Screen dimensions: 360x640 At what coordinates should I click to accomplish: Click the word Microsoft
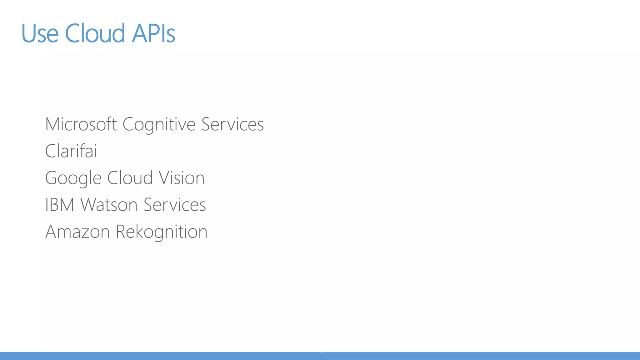pyautogui.click(x=81, y=124)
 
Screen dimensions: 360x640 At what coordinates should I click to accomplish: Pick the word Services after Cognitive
pyautogui.click(x=232, y=124)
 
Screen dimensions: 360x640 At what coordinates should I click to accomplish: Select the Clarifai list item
pyautogui.click(x=71, y=151)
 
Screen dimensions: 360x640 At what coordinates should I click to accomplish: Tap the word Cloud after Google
pyautogui.click(x=130, y=178)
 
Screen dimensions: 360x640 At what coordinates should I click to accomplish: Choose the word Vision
pyautogui.click(x=182, y=178)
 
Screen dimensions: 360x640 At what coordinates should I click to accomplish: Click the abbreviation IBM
pyautogui.click(x=60, y=205)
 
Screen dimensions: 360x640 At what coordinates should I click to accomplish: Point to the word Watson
pyautogui.click(x=109, y=205)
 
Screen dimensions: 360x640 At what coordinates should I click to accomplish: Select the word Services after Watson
pyautogui.click(x=175, y=205)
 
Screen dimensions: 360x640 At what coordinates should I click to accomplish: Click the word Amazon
pyautogui.click(x=77, y=232)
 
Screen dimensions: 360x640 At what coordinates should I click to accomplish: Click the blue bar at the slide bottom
pyautogui.click(x=320, y=356)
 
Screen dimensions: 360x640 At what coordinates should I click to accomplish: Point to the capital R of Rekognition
pyautogui.click(x=121, y=232)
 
